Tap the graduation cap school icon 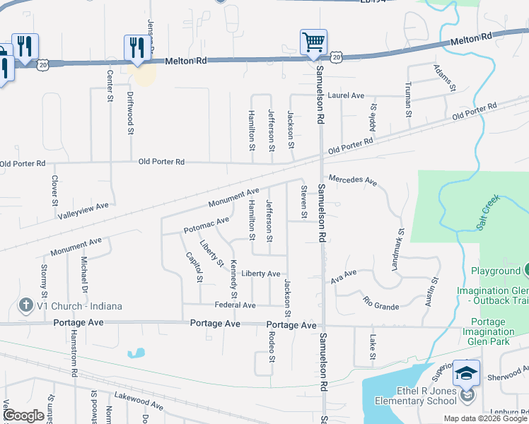pos(467,372)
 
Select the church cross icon pos(25,306)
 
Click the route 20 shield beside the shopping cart pos(336,55)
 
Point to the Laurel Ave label pos(347,95)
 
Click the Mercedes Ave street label pos(352,179)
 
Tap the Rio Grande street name pos(380,304)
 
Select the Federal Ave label pos(236,305)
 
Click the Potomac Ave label pos(207,225)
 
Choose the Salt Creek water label pos(487,211)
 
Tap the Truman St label pos(408,96)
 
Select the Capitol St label pos(194,266)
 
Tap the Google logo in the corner pos(24,416)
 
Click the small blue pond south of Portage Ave pos(136,352)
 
